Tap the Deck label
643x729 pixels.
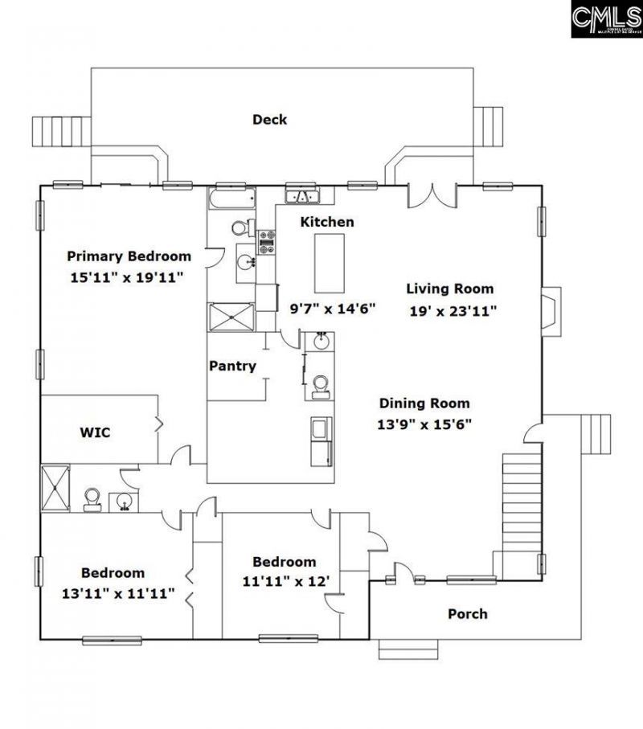pos(269,120)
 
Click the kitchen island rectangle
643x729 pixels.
pos(329,263)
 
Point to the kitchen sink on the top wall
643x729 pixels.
pos(303,195)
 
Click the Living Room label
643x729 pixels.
pos(449,289)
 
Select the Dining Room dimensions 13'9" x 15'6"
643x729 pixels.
pos(424,424)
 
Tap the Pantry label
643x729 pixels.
pos(232,366)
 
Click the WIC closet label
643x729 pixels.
pos(95,432)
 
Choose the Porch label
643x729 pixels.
pos(467,614)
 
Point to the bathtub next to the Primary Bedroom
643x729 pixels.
pos(231,199)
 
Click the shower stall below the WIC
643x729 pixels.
pos(55,487)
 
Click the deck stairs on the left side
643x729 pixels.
pos(50,130)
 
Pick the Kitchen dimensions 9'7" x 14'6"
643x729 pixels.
pos(333,308)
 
